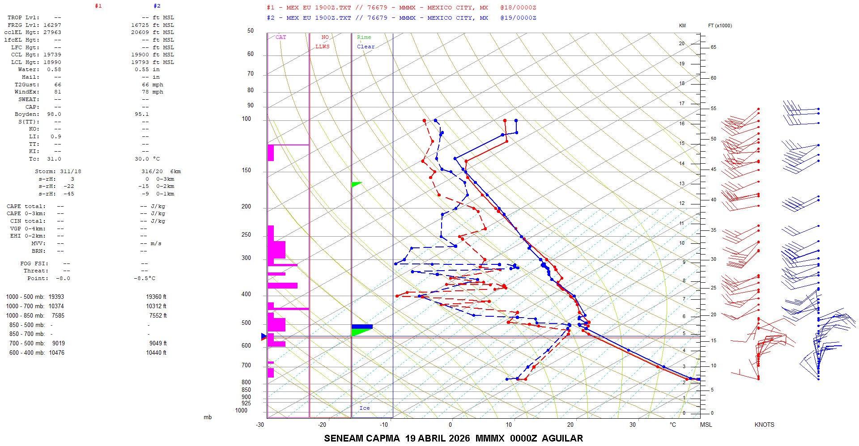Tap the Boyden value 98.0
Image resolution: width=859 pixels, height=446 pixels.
click(x=54, y=114)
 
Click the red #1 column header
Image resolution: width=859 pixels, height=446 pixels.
click(x=98, y=6)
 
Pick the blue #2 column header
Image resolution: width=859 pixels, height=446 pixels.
click(x=157, y=6)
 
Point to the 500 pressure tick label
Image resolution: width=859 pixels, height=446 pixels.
click(x=246, y=323)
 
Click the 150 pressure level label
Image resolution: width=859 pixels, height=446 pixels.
click(x=246, y=170)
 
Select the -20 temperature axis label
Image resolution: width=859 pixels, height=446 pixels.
click(x=322, y=425)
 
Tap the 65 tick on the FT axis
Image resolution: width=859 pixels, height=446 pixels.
click(x=713, y=47)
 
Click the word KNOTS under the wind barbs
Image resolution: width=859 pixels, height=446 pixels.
click(x=764, y=425)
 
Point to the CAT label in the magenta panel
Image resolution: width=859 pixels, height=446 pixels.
click(x=281, y=37)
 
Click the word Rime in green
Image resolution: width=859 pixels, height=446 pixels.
click(x=364, y=37)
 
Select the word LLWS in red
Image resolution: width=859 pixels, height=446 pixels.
click(x=322, y=47)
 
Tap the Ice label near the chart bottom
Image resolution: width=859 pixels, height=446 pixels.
click(x=365, y=408)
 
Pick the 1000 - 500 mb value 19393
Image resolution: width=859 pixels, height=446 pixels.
click(x=56, y=297)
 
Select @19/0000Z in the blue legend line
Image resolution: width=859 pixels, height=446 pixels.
click(x=518, y=18)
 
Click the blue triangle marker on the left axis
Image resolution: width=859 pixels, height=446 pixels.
click(x=264, y=336)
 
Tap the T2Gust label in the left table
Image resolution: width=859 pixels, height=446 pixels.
click(x=27, y=85)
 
